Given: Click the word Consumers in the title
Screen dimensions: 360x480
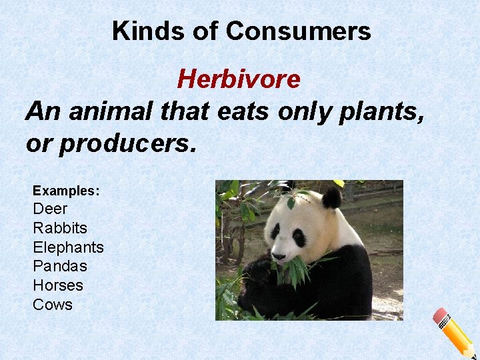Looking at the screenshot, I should pos(298,31).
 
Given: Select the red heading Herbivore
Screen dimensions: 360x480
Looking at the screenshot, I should pos(239,79).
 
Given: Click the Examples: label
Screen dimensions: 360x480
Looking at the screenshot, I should pos(66,191).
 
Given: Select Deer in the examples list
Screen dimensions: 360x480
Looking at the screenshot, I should pos(50,209).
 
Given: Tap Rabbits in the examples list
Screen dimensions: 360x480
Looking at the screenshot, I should pos(60,228).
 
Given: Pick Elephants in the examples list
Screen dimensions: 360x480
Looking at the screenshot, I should pos(68,247).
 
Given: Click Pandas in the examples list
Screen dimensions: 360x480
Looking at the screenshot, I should pos(60,266).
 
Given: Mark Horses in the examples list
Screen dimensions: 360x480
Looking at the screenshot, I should pos(58,285).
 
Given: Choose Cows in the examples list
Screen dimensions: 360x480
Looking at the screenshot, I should pos(53,305).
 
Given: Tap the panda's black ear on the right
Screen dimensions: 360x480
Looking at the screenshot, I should pos(331,197).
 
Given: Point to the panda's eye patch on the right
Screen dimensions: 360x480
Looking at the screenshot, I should pos(299,237).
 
